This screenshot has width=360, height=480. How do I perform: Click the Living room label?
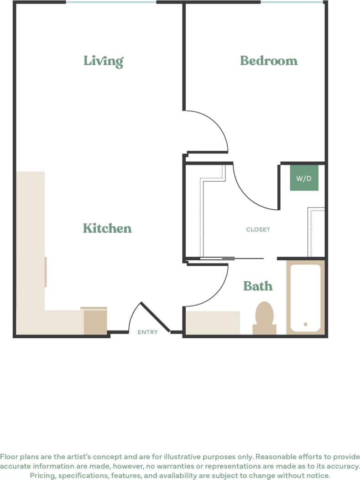coord(103,61)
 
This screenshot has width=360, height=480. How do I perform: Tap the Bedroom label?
coord(269,61)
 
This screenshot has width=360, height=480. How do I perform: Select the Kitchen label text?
coord(107,228)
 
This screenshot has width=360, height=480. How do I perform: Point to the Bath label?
coord(258,286)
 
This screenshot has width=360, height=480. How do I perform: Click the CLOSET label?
coord(258,230)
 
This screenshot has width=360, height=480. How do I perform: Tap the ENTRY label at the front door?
coord(147,332)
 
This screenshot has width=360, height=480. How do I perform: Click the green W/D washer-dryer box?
coord(304,178)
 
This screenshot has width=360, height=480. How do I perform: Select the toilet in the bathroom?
coord(264,317)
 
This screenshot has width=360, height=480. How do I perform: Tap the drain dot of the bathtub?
coord(305,325)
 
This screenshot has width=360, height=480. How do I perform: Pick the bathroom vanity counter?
coord(213,323)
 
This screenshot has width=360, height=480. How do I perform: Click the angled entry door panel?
coord(155,318)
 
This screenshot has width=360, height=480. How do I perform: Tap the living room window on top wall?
coord(111,2)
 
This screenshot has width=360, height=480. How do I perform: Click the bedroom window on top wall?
coord(292,2)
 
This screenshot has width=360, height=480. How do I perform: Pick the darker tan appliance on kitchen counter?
coord(95,322)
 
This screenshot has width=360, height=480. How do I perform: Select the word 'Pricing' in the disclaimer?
coord(42,475)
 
